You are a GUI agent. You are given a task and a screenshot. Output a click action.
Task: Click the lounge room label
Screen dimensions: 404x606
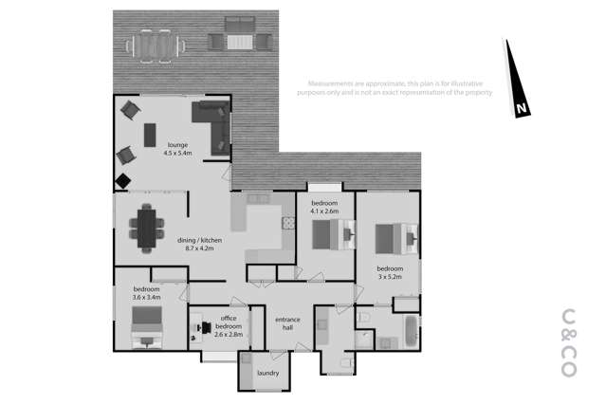(177, 148)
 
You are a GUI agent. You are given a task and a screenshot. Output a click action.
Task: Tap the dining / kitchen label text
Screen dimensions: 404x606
(199, 245)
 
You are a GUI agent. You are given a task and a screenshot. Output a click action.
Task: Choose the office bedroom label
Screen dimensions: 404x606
(228, 327)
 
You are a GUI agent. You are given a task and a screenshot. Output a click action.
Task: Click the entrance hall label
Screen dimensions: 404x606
(287, 324)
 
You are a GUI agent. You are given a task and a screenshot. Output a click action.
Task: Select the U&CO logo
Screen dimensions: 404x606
(569, 342)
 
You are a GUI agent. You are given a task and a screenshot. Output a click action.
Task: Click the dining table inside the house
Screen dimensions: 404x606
(147, 230)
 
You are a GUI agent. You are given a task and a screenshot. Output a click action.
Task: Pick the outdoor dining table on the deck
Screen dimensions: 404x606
(154, 44)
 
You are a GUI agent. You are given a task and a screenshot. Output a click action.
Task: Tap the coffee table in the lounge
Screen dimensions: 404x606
(149, 136)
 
